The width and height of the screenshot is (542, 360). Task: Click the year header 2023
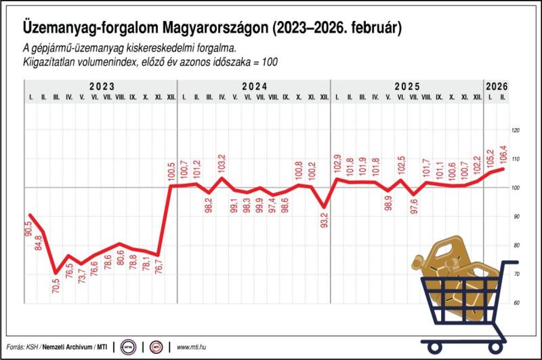click(x=100, y=87)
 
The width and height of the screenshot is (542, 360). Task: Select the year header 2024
click(x=253, y=87)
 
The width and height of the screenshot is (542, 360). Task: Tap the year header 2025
click(x=406, y=87)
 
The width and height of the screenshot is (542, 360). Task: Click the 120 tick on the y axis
click(x=516, y=130)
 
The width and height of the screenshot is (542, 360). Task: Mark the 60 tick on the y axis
click(x=516, y=302)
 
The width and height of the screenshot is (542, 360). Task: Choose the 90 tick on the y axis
click(x=516, y=216)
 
